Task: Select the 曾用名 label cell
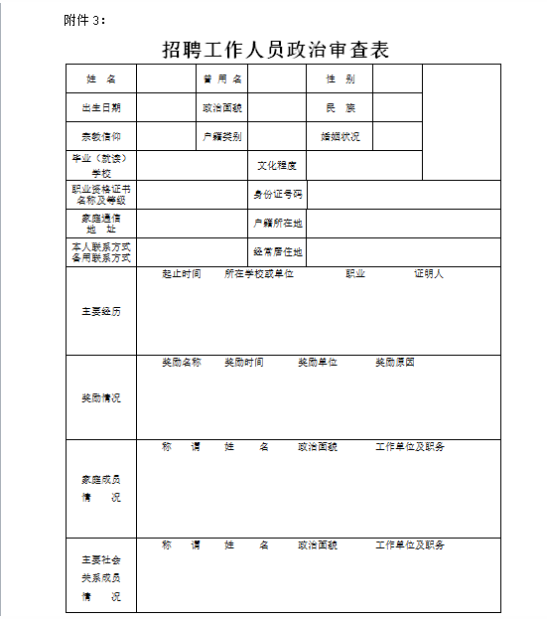click(222, 78)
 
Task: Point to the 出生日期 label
click(101, 107)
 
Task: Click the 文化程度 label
click(277, 166)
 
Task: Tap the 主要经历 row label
click(101, 311)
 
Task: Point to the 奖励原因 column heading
click(394, 363)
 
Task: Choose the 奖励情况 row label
click(101, 397)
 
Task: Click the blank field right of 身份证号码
click(404, 195)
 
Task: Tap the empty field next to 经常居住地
click(404, 252)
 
